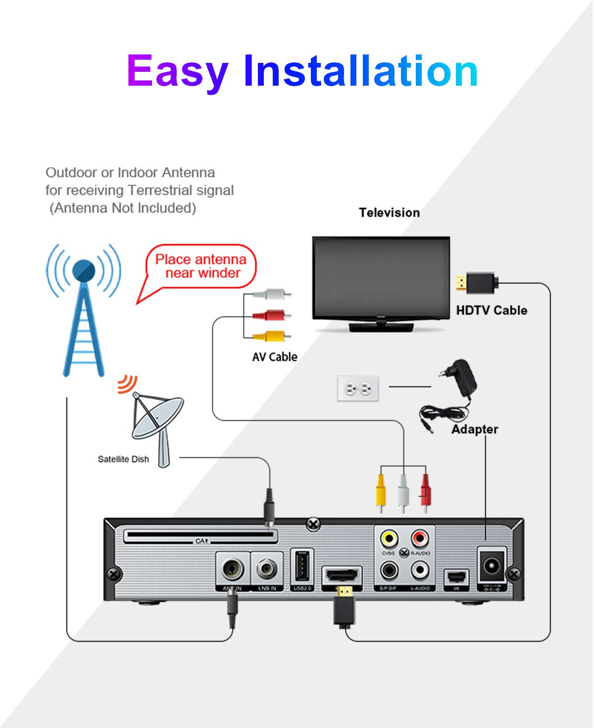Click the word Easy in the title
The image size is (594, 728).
177,72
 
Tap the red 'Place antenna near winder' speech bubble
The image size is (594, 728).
201,266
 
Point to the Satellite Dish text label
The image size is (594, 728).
123,459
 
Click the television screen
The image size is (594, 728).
381,278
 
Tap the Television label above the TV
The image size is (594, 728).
389,213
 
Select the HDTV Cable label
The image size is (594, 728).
492,311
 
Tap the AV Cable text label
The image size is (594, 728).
275,357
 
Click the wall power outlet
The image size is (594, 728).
358,388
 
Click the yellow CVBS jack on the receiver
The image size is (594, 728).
389,538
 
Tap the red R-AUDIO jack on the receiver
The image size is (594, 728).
420,538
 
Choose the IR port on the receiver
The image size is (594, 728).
456,577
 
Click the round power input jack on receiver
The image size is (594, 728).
492,566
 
